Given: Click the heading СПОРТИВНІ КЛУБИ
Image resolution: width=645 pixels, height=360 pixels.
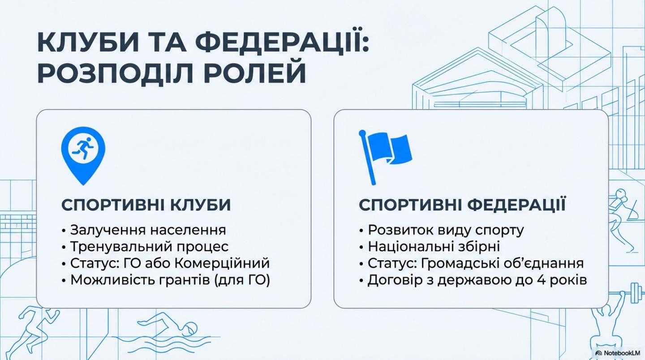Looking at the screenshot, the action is (x=146, y=205).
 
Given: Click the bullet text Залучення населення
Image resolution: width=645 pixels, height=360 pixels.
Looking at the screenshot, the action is (x=148, y=230).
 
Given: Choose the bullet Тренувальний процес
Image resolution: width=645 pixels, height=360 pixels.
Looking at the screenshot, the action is (x=149, y=247).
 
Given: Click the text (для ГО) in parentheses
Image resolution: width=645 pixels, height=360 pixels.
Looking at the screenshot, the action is (x=242, y=280).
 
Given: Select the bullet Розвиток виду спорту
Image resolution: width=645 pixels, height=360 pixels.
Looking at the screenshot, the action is (x=446, y=230).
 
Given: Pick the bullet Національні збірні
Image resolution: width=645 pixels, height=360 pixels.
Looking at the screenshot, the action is (x=434, y=247).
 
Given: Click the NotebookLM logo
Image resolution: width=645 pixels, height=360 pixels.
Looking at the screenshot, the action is (x=617, y=353).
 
